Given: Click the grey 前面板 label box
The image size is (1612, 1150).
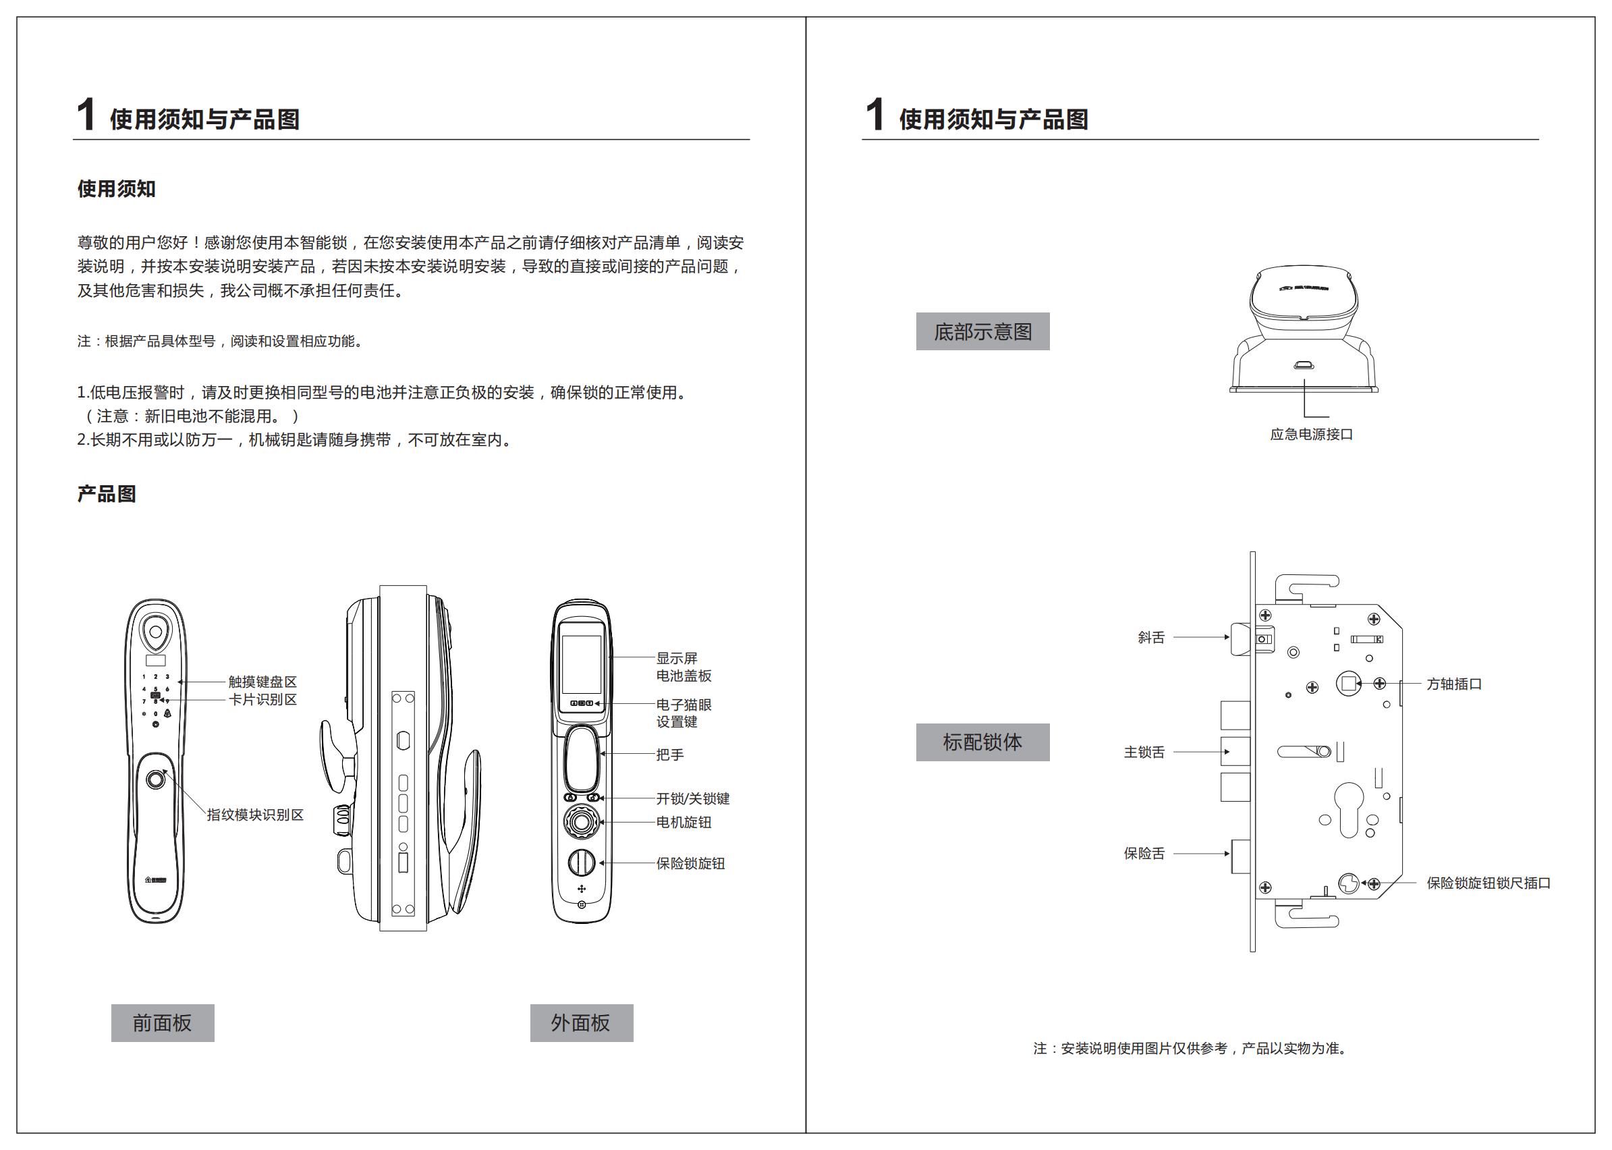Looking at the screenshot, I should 162,1022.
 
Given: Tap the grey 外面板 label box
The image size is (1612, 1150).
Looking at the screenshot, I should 581,1022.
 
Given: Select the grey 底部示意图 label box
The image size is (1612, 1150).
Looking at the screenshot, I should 982,331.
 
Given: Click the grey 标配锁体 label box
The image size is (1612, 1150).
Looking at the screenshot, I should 982,742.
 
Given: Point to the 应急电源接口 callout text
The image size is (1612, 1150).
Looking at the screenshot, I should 1311,434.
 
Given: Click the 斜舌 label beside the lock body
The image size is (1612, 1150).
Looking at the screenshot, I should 1151,637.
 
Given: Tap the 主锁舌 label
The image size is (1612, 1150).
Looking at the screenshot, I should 1144,752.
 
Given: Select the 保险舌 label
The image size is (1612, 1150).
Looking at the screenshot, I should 1144,853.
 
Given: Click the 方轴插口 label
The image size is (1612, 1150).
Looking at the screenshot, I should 1454,684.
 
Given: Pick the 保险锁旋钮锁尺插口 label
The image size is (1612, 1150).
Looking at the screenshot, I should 1488,883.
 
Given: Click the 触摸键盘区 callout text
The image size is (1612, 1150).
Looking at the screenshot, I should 262,681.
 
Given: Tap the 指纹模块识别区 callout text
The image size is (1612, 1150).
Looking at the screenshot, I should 255,815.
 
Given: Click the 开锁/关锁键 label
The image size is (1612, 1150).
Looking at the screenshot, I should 692,798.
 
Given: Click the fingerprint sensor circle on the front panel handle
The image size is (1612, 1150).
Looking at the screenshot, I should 156,779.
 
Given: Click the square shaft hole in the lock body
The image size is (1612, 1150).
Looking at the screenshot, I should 1349,684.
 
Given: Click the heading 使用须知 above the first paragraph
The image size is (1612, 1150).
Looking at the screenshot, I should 116,188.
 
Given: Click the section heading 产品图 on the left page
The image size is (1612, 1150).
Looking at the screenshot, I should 106,493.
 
